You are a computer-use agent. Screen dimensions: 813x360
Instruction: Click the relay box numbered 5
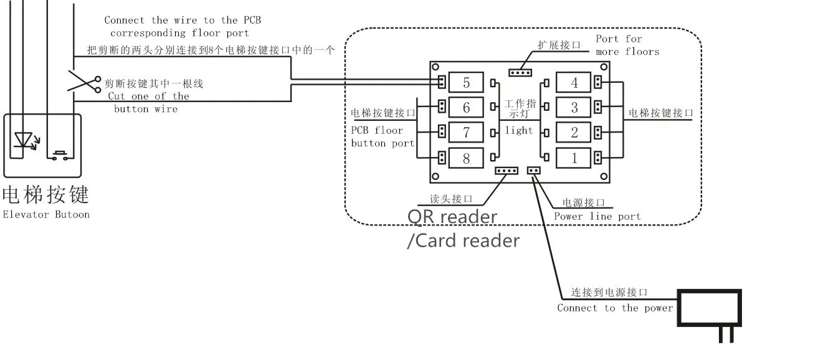(x=466, y=82)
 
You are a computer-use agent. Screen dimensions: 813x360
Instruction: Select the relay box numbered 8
(x=466, y=158)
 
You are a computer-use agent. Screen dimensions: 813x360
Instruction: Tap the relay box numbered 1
(x=573, y=158)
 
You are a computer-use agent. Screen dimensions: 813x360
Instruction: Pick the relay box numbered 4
(x=573, y=82)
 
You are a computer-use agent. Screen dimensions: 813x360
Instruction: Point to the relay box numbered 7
(x=466, y=133)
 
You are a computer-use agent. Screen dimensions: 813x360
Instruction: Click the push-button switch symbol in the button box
(x=60, y=155)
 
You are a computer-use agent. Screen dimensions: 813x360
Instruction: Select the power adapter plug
(x=709, y=315)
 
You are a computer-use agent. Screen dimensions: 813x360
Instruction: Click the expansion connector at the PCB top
(x=520, y=73)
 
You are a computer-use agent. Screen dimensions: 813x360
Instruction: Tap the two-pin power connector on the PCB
(x=533, y=170)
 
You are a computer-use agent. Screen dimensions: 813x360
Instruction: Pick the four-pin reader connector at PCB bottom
(x=506, y=171)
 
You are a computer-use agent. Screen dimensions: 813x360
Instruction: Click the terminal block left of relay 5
(x=442, y=82)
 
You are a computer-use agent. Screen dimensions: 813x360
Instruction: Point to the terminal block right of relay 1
(x=597, y=158)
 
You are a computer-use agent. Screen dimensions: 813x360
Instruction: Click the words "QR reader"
(x=452, y=217)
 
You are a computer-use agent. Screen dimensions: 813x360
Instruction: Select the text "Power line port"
(x=597, y=217)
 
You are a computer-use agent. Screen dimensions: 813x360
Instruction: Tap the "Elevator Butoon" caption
(x=46, y=214)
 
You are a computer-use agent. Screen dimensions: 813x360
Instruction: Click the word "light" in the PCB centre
(x=519, y=130)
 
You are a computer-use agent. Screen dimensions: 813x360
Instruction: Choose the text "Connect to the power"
(x=615, y=308)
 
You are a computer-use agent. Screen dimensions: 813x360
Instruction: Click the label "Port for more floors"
(x=627, y=45)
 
